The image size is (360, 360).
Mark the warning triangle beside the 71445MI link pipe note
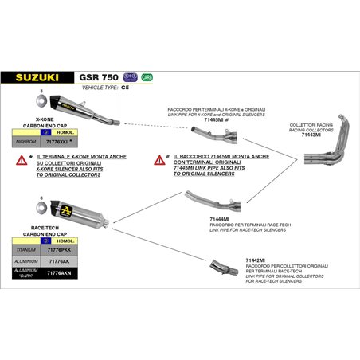(159, 160)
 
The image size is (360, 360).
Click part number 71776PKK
(63, 249)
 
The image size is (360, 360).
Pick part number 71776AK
(63, 260)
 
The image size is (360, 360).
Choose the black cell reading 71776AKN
(63, 272)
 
